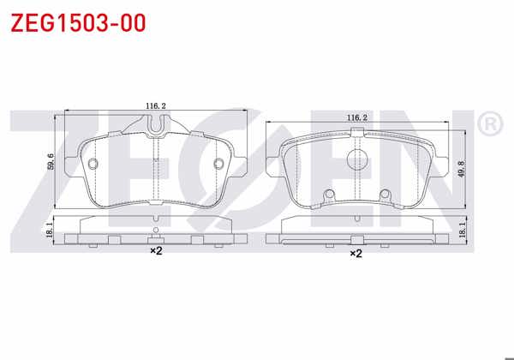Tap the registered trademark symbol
[489, 126]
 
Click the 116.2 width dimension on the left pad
[155, 106]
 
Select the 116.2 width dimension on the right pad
[357, 117]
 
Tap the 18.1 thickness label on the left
[48, 229]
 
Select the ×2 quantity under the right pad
[356, 254]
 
